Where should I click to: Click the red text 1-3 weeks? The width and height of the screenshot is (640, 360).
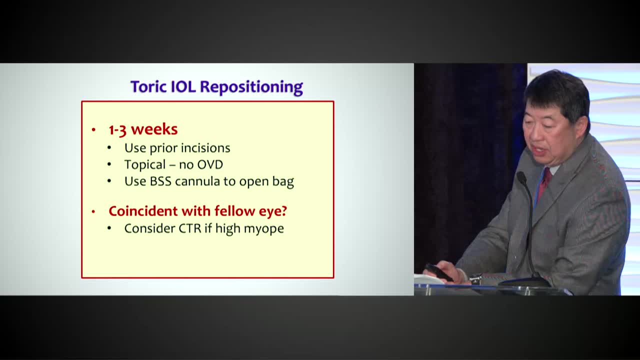143,129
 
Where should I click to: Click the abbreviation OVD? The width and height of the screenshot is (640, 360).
211,164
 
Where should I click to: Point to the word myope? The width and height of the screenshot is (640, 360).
265,229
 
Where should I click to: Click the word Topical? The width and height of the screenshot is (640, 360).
145,164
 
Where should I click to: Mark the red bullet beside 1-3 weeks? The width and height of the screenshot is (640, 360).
93,130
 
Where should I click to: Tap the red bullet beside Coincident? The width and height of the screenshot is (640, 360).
93,212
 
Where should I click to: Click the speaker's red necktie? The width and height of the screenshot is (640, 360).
544,181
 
